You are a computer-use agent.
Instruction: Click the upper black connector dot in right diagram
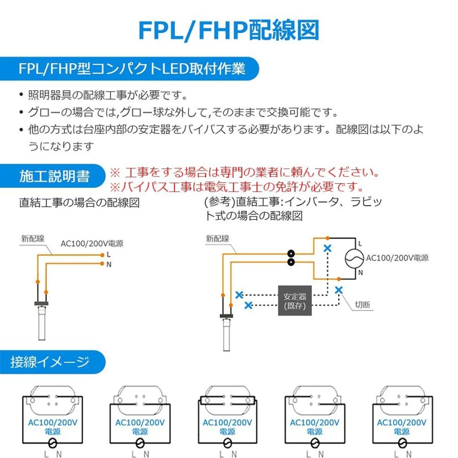(x=292, y=253)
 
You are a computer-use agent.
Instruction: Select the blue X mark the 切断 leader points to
(x=339, y=290)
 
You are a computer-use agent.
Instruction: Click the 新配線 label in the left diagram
(x=33, y=238)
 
